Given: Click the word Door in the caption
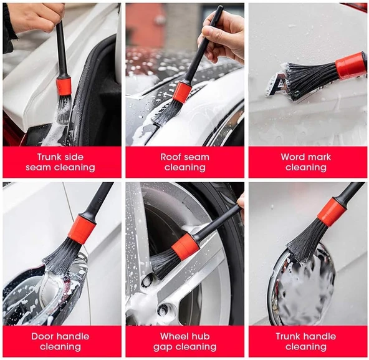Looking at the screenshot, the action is [x=42, y=336].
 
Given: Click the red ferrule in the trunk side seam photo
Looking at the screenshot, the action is [x=64, y=87].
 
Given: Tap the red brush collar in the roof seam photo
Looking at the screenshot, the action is [x=182, y=93].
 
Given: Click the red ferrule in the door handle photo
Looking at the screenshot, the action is [x=82, y=230].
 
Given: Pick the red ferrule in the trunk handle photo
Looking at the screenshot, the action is [x=332, y=212].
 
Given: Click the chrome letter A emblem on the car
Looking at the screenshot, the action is [x=276, y=85].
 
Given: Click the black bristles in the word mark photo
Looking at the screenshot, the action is [x=312, y=80].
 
